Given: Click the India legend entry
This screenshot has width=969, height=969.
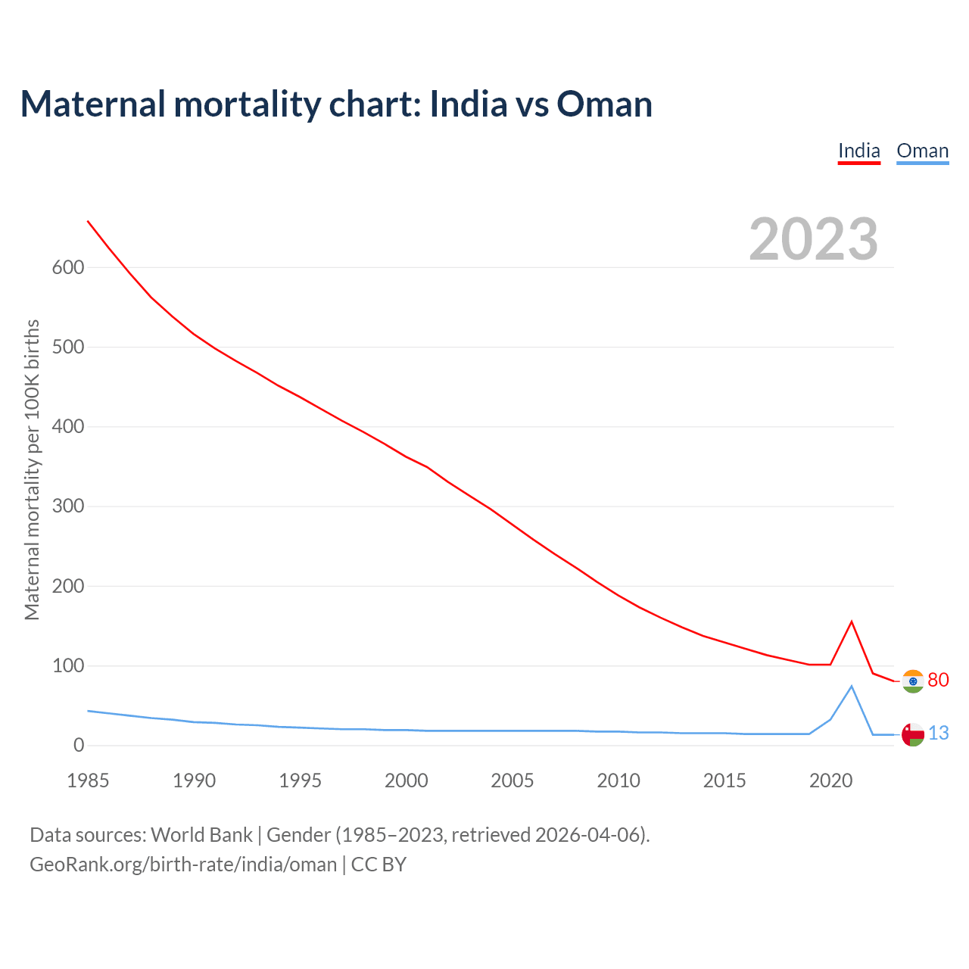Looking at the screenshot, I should tap(858, 151).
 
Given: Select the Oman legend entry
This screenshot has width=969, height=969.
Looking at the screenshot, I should tap(922, 151).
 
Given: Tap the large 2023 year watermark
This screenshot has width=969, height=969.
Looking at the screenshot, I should tap(814, 239).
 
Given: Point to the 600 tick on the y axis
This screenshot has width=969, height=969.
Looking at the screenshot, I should tap(68, 267).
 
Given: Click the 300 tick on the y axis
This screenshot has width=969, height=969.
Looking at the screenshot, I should tap(68, 506).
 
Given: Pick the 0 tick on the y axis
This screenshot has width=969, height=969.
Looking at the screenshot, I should tap(79, 746).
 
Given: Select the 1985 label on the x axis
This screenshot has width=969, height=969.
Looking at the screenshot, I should tap(88, 780).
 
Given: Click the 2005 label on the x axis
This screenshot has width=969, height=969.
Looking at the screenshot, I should tap(513, 780).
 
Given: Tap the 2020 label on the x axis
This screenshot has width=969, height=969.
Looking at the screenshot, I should tap(830, 780).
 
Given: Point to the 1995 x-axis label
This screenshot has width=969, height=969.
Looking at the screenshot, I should tap(301, 780).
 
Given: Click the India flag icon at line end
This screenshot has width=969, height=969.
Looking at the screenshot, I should tap(913, 681).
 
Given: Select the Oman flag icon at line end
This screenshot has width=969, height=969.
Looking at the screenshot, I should tap(913, 734).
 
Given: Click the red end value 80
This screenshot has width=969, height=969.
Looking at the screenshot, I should tap(938, 681).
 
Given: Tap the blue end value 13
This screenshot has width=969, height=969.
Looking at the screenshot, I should tap(938, 734).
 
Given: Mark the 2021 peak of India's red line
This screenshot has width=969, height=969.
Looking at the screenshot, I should tap(852, 622).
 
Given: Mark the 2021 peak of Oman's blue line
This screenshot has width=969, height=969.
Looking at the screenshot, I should tap(852, 686).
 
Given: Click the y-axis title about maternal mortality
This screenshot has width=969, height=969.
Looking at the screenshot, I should tap(32, 469).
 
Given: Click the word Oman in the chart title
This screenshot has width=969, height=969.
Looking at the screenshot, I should tap(604, 104).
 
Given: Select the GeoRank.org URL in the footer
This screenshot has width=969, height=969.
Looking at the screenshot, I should tap(183, 865).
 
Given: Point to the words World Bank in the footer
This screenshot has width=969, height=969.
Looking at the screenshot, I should tap(201, 835).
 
